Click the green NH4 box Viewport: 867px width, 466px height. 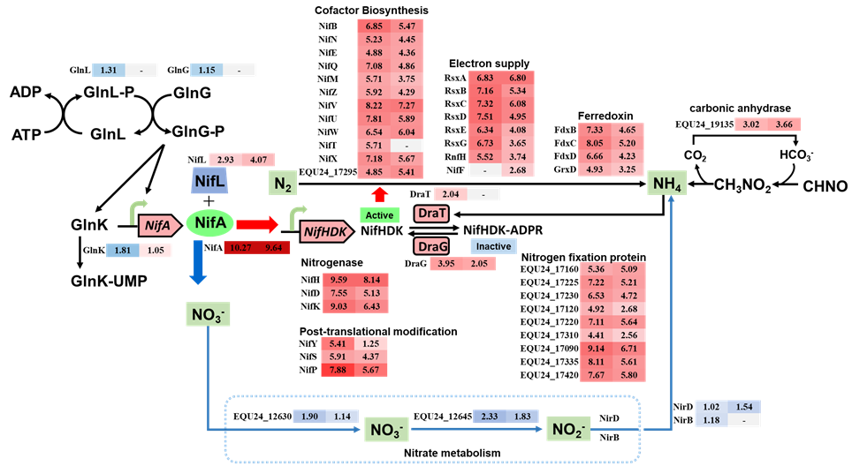click(668, 184)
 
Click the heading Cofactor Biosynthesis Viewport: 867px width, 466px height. click(372, 11)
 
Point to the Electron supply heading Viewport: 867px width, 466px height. click(489, 64)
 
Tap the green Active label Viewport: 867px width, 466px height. click(378, 214)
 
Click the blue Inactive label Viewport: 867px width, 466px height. click(493, 246)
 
